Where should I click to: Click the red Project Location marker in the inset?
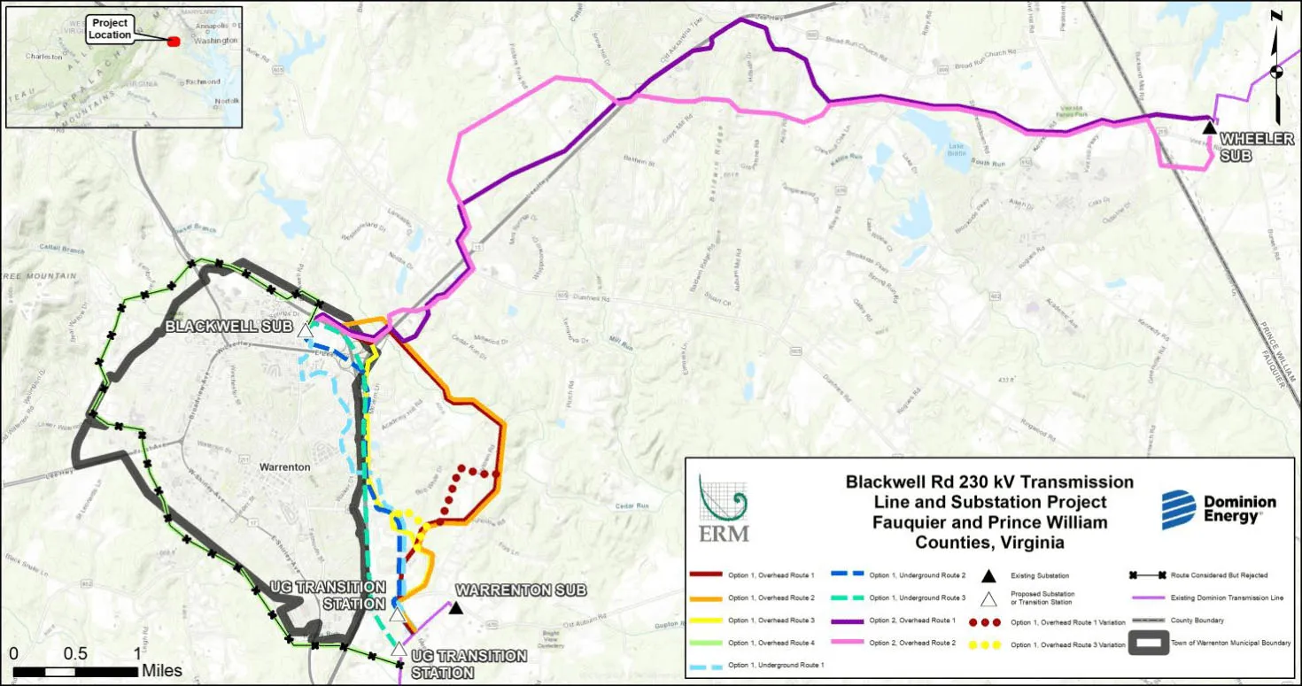click(x=174, y=41)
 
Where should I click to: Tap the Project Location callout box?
click(x=111, y=28)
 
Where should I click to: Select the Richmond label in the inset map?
click(x=203, y=81)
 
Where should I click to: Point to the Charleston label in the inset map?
click(x=44, y=57)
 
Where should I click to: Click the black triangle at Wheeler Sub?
click(x=1209, y=128)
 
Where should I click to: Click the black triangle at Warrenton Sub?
click(x=455, y=607)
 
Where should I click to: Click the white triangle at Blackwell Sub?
click(x=305, y=331)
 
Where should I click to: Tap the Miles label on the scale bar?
click(x=162, y=671)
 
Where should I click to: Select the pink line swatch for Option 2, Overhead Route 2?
click(x=846, y=643)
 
